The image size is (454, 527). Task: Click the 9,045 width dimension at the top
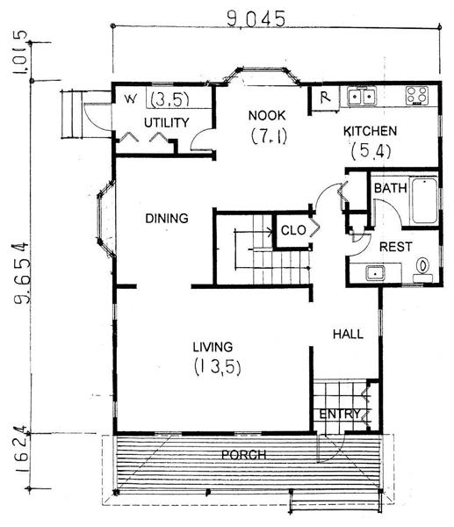(256, 18)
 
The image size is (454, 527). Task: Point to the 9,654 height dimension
(21, 272)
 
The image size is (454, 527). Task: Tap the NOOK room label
(267, 116)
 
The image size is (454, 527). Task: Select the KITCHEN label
(370, 131)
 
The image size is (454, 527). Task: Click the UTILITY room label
(166, 123)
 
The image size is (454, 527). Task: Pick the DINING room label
(167, 219)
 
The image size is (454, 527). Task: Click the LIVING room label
(213, 347)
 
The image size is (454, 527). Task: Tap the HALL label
(348, 334)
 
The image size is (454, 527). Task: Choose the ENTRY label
(340, 414)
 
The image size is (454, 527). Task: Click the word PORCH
(244, 455)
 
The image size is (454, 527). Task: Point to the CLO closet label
(293, 230)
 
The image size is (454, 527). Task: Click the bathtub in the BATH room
(424, 200)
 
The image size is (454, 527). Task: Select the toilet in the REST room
(423, 270)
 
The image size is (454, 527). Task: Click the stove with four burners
(417, 95)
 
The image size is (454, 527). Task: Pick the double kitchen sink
(361, 97)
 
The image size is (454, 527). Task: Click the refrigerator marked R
(325, 97)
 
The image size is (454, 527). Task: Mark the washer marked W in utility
(130, 99)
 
